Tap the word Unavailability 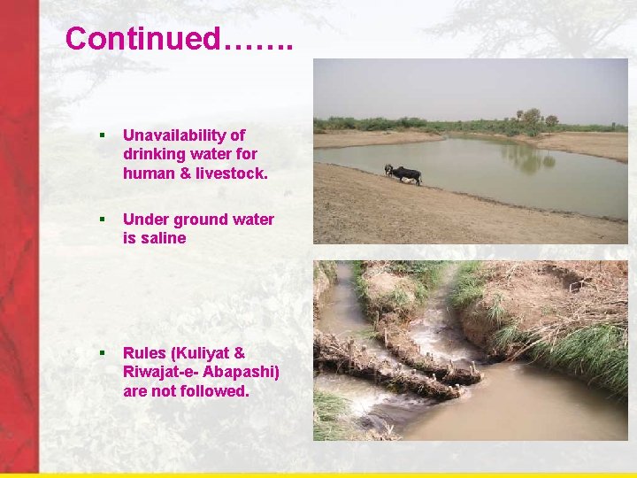[x=184, y=135]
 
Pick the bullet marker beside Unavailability [x=103, y=135]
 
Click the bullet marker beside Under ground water [x=103, y=220]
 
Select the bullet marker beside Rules [x=103, y=352]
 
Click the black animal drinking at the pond [x=404, y=173]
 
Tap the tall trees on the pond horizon [x=533, y=118]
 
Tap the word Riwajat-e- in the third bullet [x=158, y=372]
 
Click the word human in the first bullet [x=144, y=173]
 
